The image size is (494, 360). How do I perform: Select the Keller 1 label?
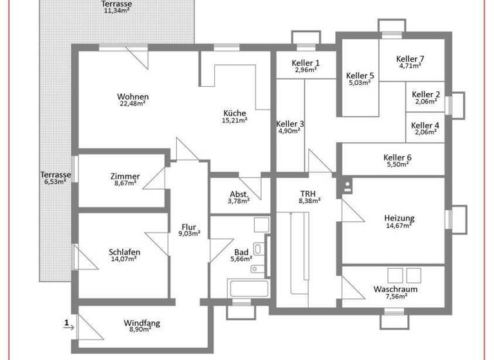pyautogui.click(x=306, y=63)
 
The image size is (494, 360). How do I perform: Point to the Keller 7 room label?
pyautogui.click(x=410, y=59)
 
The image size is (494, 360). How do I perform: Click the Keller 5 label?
pyautogui.click(x=360, y=75)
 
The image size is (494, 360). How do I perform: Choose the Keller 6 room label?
pyautogui.click(x=397, y=158)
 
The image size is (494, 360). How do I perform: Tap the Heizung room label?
pyautogui.click(x=399, y=219)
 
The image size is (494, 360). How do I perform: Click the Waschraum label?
pyautogui.click(x=396, y=290)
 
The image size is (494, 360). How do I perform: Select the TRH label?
pyautogui.click(x=309, y=194)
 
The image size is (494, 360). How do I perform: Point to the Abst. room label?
pyautogui.click(x=239, y=195)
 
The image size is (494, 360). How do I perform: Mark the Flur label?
pyautogui.click(x=188, y=227)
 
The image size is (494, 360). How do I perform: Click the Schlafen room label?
pyautogui.click(x=124, y=252)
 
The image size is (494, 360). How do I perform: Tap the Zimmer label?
pyautogui.click(x=125, y=177)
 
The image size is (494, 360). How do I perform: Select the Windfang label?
pyautogui.click(x=142, y=323)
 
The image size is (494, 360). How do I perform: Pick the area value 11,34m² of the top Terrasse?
pyautogui.click(x=118, y=10)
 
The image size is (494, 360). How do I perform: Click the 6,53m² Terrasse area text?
pyautogui.click(x=55, y=182)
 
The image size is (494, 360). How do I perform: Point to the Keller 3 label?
pyautogui.click(x=290, y=124)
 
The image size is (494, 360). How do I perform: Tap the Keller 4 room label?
pyautogui.click(x=425, y=126)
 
